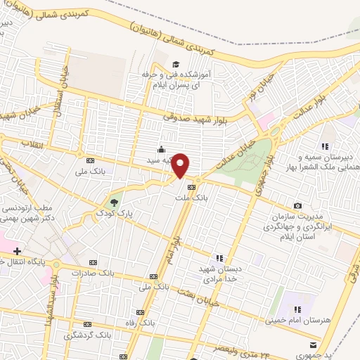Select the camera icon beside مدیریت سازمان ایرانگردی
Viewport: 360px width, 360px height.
pyautogui.click(x=298, y=205)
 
